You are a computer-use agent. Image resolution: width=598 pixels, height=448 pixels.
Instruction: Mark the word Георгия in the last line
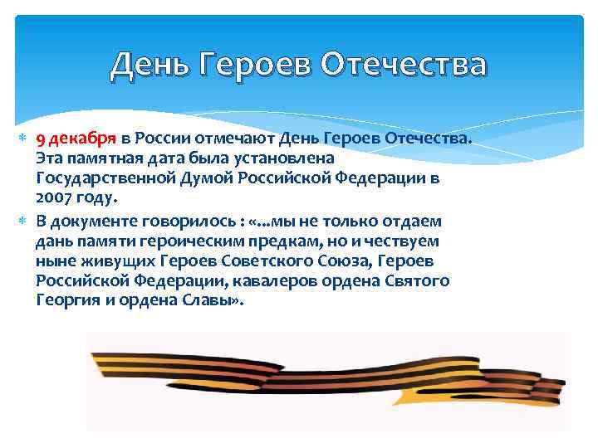(x=66, y=301)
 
